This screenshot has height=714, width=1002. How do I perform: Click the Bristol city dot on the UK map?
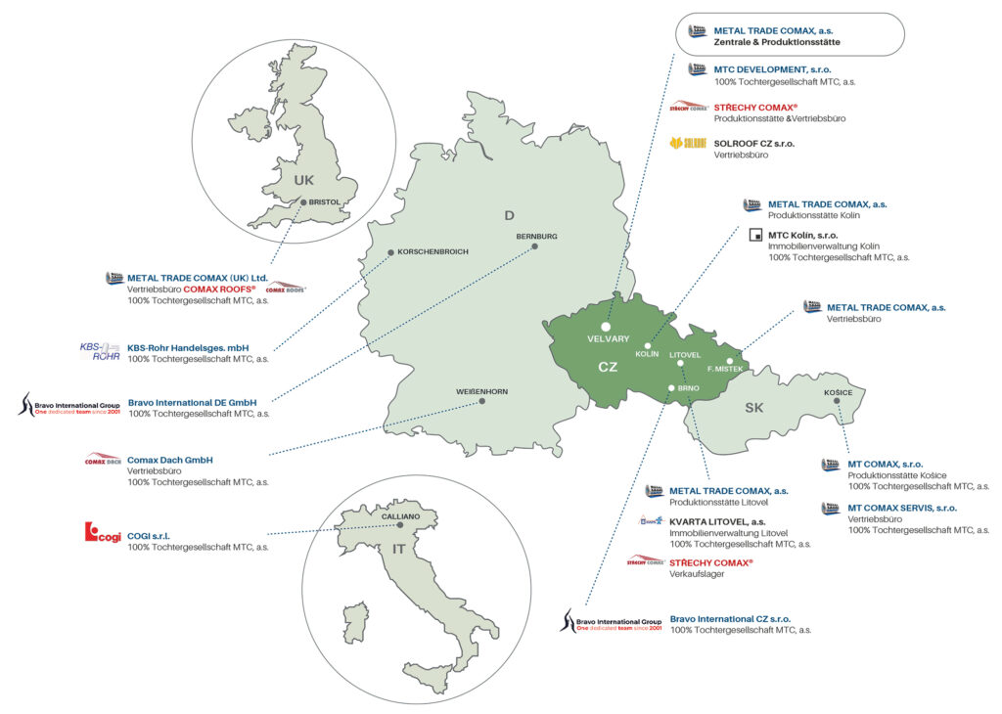click(x=304, y=202)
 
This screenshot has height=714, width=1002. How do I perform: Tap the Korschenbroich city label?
click(x=433, y=252)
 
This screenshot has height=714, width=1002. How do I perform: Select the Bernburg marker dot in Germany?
click(x=536, y=247)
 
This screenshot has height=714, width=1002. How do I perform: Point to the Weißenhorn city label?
click(x=481, y=391)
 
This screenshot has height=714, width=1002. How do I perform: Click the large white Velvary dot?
click(x=606, y=327)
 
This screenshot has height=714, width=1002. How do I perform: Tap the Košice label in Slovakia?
click(x=839, y=393)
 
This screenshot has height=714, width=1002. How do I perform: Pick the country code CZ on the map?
click(x=608, y=368)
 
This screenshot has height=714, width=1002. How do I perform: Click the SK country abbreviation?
click(x=754, y=407)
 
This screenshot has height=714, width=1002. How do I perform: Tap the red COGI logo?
click(x=102, y=533)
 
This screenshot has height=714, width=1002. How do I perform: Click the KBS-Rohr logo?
click(x=99, y=351)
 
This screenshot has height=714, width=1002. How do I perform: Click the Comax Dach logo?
click(x=103, y=460)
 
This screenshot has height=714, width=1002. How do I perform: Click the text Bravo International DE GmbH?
click(x=192, y=402)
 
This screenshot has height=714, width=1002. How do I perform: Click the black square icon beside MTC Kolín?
click(x=753, y=235)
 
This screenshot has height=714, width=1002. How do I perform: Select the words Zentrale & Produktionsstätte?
click(x=777, y=43)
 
